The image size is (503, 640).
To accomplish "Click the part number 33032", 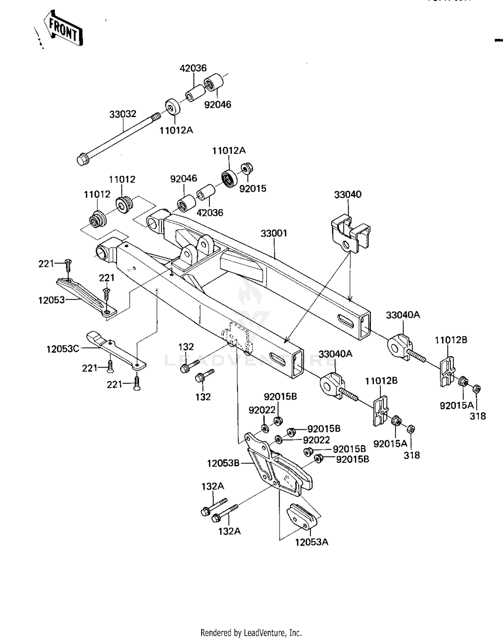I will [x=123, y=114].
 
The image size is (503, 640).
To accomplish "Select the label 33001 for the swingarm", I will [x=274, y=233].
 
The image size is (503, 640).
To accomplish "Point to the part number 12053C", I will [x=62, y=349].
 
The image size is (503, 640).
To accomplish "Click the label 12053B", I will [x=223, y=463].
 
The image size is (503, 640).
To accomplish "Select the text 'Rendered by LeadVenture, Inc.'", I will [x=251, y=633].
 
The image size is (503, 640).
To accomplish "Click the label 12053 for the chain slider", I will [x=51, y=300].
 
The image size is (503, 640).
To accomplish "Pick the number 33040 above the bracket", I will [x=348, y=195].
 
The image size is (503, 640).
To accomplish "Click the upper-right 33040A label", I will [x=403, y=315].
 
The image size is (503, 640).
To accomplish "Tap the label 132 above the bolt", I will [x=186, y=347].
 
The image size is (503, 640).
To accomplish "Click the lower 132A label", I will [x=229, y=531].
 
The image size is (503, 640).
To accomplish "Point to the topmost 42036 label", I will [x=193, y=68].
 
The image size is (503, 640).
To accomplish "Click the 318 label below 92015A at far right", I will [x=478, y=416].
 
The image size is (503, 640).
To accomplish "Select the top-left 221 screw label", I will [x=46, y=264].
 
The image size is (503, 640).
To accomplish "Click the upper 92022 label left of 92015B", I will [x=262, y=410].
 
